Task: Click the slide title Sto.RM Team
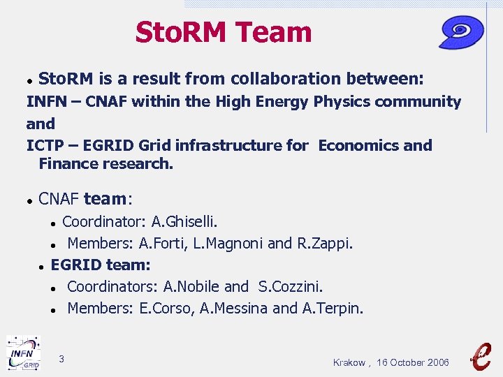pos(224,32)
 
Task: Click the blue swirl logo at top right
pos(462,32)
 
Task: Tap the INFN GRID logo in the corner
pos(23,353)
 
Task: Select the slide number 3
pos(61,359)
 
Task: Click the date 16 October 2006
pos(413,362)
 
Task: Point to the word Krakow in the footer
pos(349,362)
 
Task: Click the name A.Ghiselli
pos(184,222)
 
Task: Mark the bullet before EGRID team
pos(43,266)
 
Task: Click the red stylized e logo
pos(481,355)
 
